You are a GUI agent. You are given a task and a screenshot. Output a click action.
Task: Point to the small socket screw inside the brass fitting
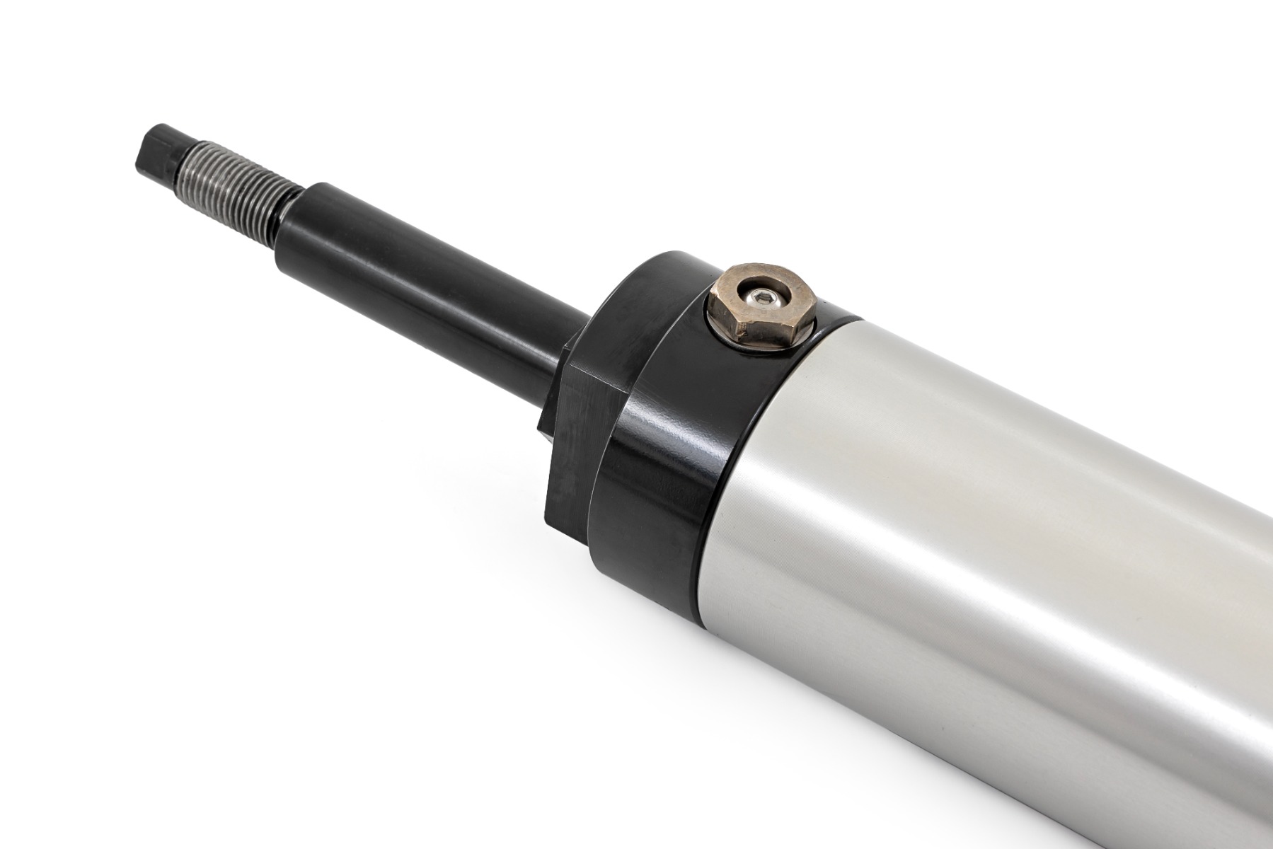coord(762,299)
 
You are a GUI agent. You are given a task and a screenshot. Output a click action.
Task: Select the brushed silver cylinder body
coord(991,566)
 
